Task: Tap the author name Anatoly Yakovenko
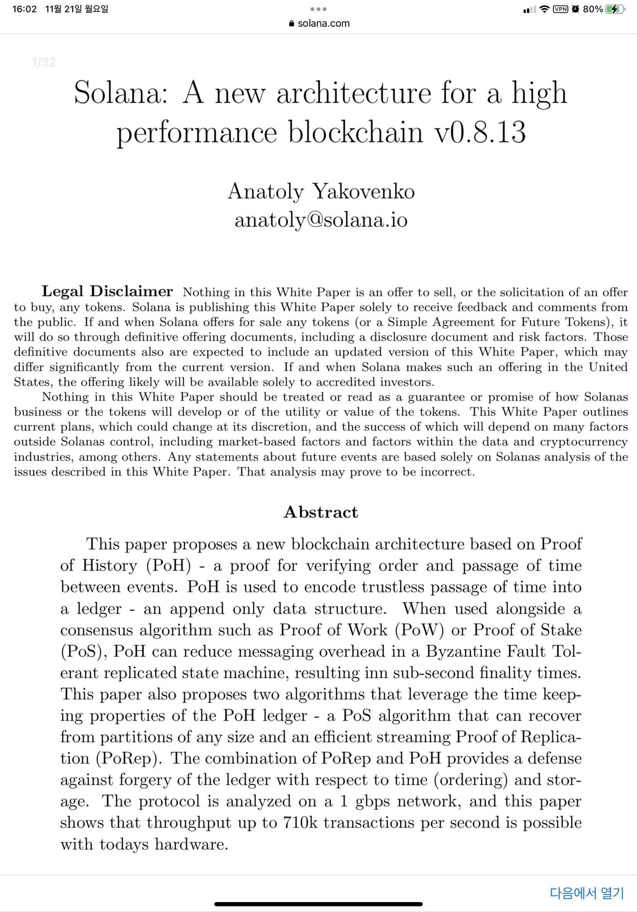pos(321,192)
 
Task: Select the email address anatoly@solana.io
pos(321,219)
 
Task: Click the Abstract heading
pos(321,512)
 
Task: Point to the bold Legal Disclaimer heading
pos(107,291)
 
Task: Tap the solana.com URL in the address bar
pos(323,23)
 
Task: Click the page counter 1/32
pos(44,62)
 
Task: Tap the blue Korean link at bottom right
pos(587,893)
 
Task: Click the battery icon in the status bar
pos(615,9)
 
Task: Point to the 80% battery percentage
pos(593,9)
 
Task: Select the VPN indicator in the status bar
pos(561,9)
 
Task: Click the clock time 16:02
pos(24,9)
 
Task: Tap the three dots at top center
pos(318,9)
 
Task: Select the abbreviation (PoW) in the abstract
pos(419,630)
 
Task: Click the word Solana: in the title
pos(121,93)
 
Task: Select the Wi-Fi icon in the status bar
pos(544,9)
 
